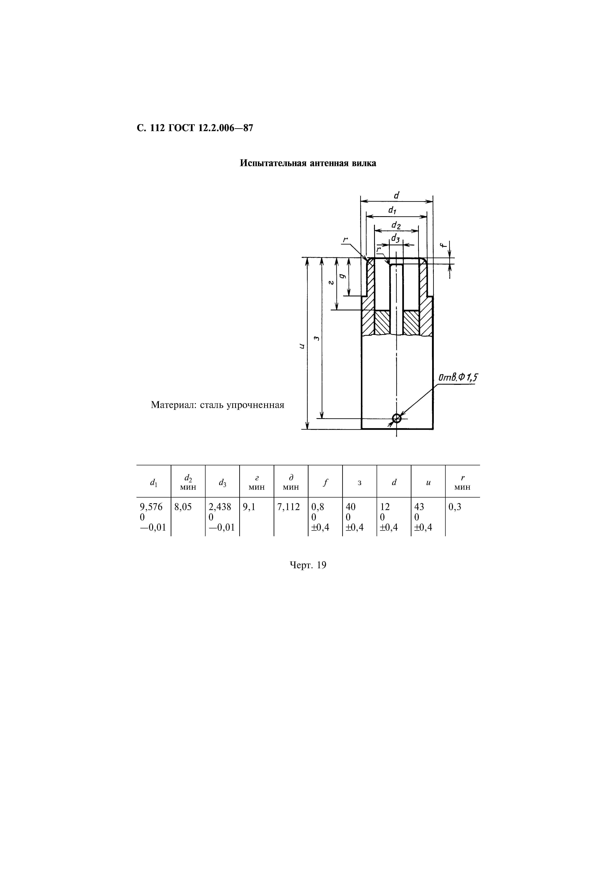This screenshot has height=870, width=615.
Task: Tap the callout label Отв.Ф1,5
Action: pyautogui.click(x=458, y=378)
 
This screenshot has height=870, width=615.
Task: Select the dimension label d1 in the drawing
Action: pyautogui.click(x=392, y=209)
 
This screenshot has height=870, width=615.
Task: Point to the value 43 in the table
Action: pyautogui.click(x=419, y=507)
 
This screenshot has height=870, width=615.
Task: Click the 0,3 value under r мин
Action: pyautogui.click(x=455, y=507)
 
